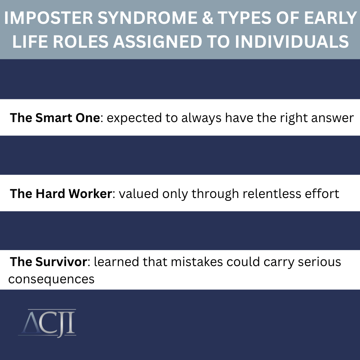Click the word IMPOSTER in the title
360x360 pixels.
pos(49,18)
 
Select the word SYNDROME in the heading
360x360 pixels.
pos(147,18)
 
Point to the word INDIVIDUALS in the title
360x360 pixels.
pos(292,41)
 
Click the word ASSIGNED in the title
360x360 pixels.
pos(157,41)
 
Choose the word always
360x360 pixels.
pos(202,119)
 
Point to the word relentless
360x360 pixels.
pos(272,194)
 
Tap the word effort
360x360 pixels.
pos(322,194)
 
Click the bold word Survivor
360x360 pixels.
pos(61,262)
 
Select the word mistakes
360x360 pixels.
pos(197,262)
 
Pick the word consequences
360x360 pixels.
pos(51,279)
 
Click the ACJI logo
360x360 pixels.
pos(47,323)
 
